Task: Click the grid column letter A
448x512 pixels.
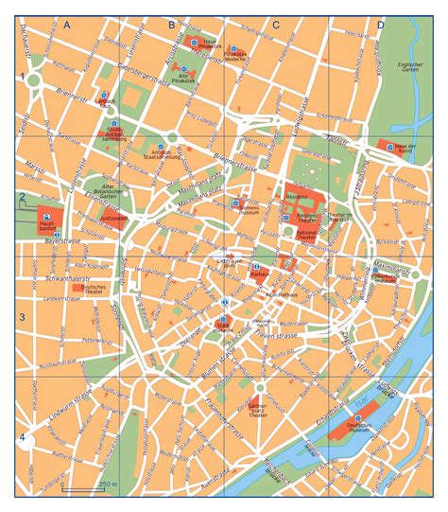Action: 67,26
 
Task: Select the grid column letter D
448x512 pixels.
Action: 380,26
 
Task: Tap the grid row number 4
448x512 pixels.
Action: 21,410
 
